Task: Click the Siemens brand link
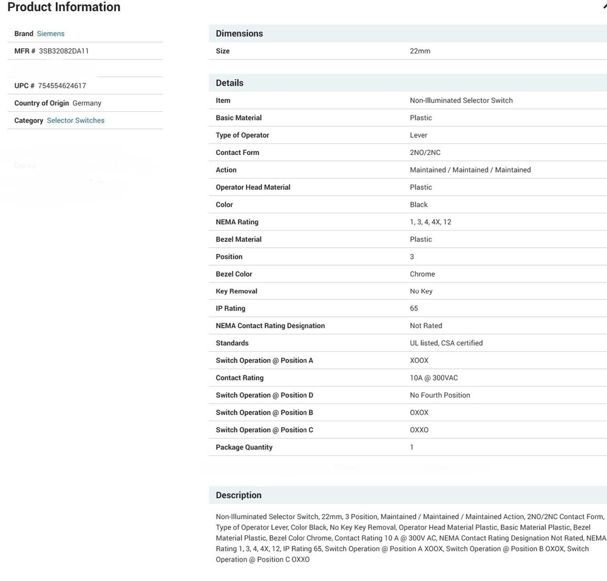(50, 33)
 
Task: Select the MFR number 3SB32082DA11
(64, 51)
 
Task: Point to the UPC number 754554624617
(62, 86)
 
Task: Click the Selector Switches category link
(75, 120)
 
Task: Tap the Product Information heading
(64, 7)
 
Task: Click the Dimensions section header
(239, 33)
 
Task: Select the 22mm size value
(420, 51)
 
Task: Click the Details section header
(229, 83)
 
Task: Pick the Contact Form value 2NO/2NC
(425, 153)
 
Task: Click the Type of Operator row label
(242, 135)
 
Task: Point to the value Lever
(418, 135)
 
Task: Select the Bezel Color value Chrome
(422, 274)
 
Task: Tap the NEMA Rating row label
(237, 222)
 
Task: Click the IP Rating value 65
(414, 309)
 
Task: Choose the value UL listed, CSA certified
(446, 343)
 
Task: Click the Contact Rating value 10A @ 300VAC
(433, 378)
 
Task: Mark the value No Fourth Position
(439, 395)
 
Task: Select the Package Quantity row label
(244, 447)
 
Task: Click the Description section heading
(239, 495)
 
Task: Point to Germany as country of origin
(87, 103)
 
